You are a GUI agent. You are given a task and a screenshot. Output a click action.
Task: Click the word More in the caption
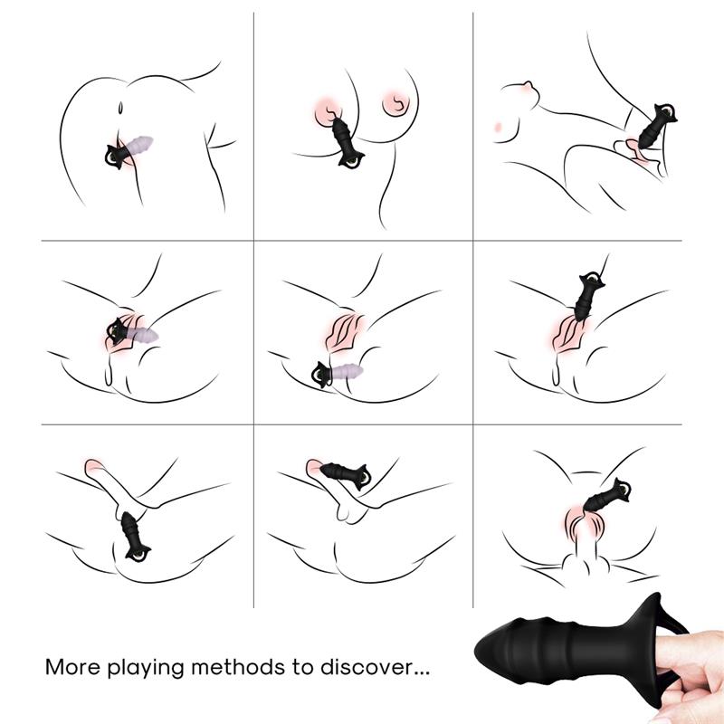pyautogui.click(x=72, y=667)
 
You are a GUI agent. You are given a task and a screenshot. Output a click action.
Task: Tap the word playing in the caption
pyautogui.click(x=147, y=668)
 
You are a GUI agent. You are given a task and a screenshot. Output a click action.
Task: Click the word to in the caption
pyautogui.click(x=302, y=668)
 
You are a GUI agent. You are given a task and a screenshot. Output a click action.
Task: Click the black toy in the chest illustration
pyautogui.click(x=346, y=141)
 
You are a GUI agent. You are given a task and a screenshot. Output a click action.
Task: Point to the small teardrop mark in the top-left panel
pyautogui.click(x=120, y=108)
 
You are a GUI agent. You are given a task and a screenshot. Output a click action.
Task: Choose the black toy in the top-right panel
pyautogui.click(x=655, y=126)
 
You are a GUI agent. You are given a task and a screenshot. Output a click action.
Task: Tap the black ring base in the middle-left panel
pyautogui.click(x=116, y=329)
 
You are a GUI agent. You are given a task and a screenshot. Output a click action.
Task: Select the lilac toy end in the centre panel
pyautogui.click(x=348, y=371)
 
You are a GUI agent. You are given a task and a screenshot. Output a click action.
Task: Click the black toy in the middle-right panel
pyautogui.click(x=589, y=296)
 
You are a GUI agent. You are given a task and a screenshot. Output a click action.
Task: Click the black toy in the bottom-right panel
pyautogui.click(x=607, y=495)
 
